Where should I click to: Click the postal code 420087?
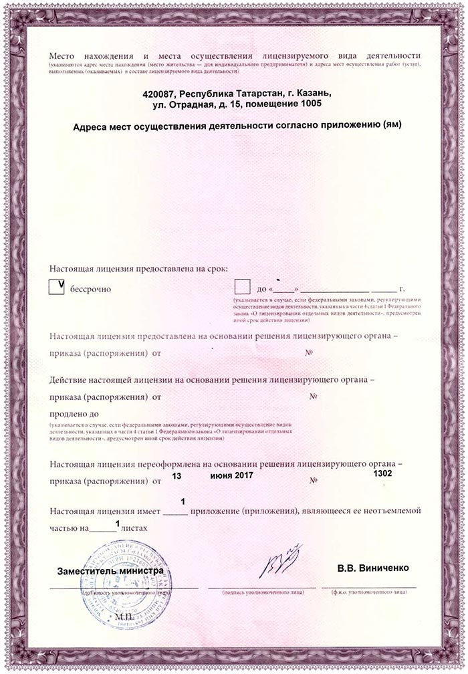click(159, 93)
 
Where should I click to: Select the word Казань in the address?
click(310, 93)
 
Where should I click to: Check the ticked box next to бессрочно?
click(58, 287)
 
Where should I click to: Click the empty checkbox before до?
click(242, 287)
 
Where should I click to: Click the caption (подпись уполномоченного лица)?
click(264, 592)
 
